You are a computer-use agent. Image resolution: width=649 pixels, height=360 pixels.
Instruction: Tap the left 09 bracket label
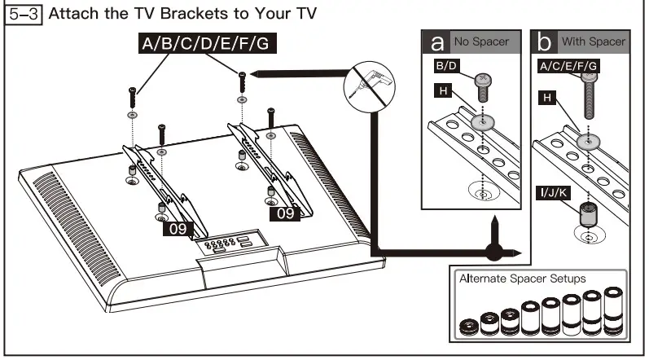click(178, 229)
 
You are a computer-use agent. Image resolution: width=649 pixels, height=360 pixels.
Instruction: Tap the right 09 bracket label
click(284, 213)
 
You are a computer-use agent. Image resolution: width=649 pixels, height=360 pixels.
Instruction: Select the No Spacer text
click(481, 41)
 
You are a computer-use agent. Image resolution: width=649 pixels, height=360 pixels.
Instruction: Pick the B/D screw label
click(447, 65)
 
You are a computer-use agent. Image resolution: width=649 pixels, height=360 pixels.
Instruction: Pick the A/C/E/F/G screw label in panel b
click(568, 65)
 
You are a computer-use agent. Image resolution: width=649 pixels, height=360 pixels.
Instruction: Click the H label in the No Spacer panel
click(444, 90)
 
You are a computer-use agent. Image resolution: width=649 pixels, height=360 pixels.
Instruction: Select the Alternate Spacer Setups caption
click(522, 279)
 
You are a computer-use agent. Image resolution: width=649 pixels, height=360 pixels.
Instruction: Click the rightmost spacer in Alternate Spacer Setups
click(609, 314)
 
